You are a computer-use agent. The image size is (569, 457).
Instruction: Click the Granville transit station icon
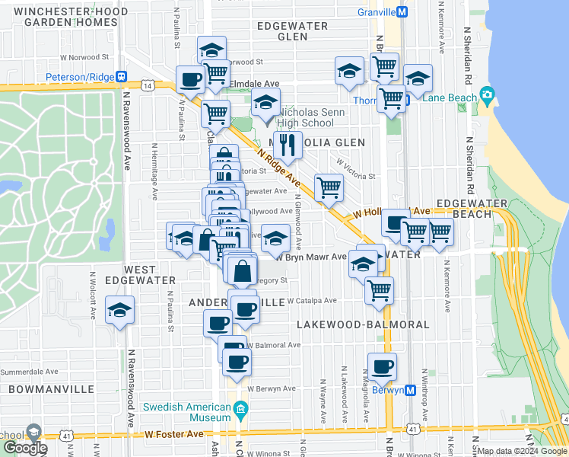(403, 11)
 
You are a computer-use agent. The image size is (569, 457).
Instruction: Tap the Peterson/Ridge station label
(79, 77)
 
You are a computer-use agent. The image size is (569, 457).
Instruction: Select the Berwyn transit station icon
(410, 390)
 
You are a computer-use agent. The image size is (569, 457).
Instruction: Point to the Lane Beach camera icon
(487, 97)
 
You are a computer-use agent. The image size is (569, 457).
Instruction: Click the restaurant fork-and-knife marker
(287, 142)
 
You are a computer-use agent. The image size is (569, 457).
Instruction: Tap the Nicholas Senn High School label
(304, 117)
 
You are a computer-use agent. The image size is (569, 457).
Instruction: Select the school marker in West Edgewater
(120, 310)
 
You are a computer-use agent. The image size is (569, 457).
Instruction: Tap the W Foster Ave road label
(174, 434)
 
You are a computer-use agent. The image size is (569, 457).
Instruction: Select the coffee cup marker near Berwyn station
(382, 367)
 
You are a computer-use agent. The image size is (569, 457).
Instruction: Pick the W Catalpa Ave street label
(311, 300)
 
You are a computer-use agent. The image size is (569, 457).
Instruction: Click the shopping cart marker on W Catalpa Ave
(378, 289)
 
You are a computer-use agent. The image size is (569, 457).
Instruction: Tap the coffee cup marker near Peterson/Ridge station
(190, 78)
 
